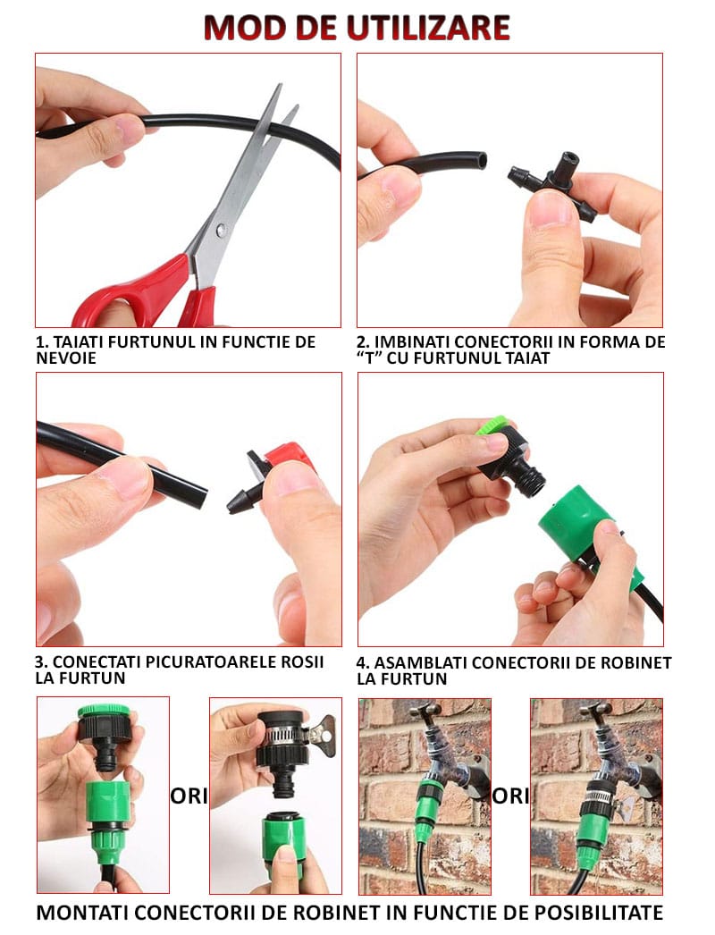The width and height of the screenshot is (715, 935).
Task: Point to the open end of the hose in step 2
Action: pos(481,161)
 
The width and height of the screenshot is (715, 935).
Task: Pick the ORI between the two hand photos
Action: pos(189,796)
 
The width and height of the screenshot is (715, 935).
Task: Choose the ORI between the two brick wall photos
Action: pos(510,796)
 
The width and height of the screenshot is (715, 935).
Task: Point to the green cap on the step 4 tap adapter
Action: pos(494,425)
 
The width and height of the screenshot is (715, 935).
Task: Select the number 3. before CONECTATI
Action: pos(41,661)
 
